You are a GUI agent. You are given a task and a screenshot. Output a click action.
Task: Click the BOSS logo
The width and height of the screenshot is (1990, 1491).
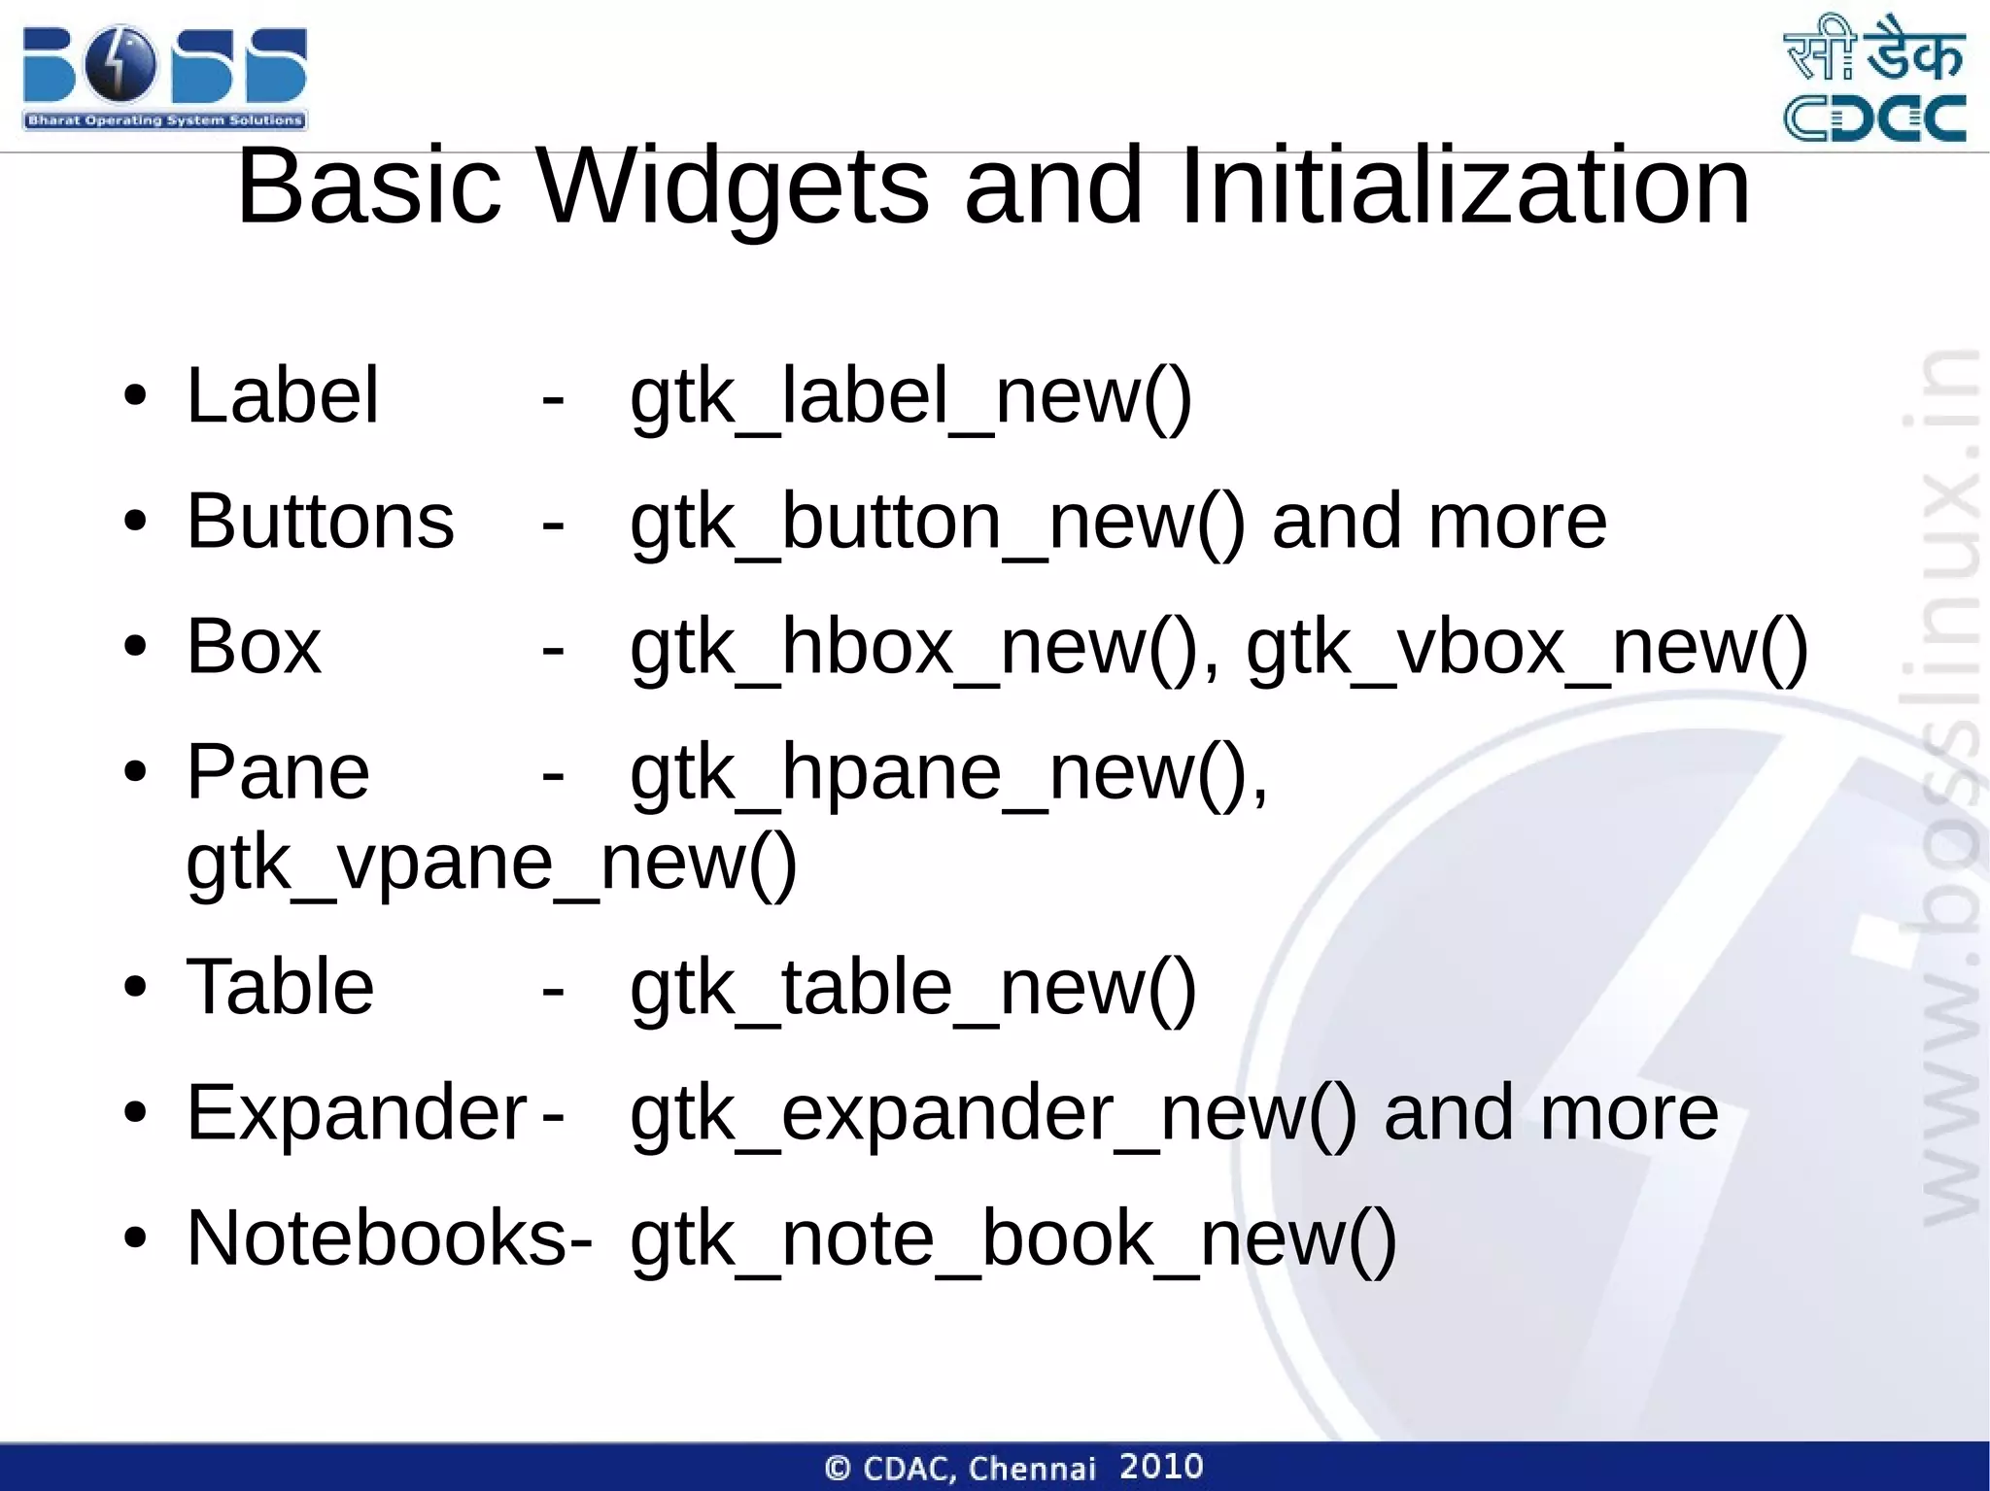click(x=164, y=78)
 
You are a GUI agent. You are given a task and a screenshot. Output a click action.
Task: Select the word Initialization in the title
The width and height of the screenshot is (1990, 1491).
click(x=1464, y=186)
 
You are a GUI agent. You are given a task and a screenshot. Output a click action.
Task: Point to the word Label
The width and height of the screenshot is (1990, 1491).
click(x=282, y=396)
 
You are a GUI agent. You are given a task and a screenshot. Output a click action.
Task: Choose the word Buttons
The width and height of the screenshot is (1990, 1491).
click(x=320, y=522)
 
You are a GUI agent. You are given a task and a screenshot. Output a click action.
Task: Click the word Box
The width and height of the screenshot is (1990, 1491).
click(x=253, y=647)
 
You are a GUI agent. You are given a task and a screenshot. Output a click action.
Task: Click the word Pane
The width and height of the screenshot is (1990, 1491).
click(x=278, y=772)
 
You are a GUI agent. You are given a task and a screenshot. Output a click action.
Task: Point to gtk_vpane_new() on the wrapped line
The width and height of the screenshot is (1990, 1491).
click(x=491, y=864)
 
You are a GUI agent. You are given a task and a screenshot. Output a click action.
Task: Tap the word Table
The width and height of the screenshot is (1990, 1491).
click(x=280, y=987)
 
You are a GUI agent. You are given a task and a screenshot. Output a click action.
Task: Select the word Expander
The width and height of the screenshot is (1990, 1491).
click(x=356, y=1112)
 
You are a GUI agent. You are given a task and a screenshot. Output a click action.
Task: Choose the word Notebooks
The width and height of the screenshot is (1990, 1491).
click(x=378, y=1237)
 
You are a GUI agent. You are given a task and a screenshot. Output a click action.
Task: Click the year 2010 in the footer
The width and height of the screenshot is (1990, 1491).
click(x=1161, y=1467)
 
